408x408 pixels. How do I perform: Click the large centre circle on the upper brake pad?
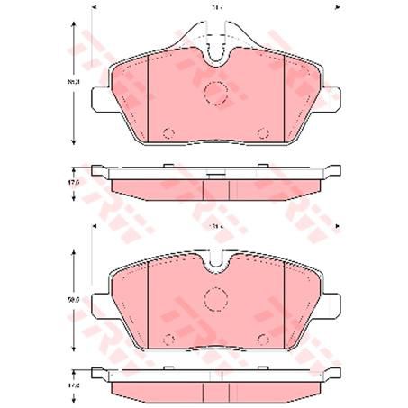[x=215, y=92]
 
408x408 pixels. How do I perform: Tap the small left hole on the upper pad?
[x=168, y=134]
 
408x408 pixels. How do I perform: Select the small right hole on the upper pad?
[x=262, y=134]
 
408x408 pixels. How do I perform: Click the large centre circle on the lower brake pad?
[x=215, y=297]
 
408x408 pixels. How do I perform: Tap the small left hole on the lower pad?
[x=168, y=340]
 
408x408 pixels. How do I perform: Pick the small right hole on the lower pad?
[x=262, y=340]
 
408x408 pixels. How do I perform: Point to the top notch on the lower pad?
[x=215, y=263]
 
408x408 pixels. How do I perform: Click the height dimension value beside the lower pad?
[x=76, y=288]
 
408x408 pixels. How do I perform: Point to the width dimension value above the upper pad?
[x=217, y=9]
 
